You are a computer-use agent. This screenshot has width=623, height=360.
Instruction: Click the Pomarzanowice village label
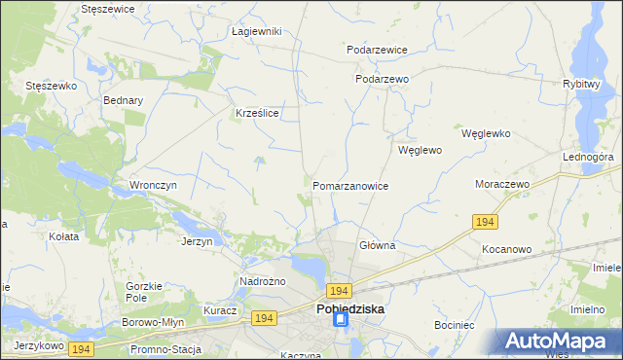click(350, 185)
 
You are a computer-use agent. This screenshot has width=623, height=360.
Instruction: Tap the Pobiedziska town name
click(350, 308)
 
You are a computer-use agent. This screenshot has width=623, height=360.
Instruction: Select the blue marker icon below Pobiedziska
click(341, 320)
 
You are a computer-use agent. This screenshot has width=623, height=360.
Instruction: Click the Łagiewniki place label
click(257, 31)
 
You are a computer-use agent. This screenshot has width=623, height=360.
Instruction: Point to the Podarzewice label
click(377, 49)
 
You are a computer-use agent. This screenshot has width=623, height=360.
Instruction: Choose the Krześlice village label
click(258, 113)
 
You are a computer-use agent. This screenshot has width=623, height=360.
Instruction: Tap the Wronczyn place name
click(151, 184)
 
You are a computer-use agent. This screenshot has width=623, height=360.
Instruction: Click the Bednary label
click(123, 99)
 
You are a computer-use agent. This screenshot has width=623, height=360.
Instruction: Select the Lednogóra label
click(587, 156)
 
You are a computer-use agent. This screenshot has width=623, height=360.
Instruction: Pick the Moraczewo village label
click(500, 184)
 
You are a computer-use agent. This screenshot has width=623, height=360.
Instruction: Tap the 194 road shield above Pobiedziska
click(339, 291)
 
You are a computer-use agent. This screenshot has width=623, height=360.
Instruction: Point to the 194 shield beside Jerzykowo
click(82, 347)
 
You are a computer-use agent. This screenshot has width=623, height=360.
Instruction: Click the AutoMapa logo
click(558, 342)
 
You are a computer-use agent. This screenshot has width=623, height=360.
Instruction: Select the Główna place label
click(377, 245)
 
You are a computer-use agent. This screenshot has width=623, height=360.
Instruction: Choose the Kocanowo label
click(506, 249)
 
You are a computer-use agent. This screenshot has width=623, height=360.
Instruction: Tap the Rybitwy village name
click(580, 84)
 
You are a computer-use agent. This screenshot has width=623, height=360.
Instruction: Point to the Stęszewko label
click(52, 86)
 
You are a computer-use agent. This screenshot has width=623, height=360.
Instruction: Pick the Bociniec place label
click(454, 322)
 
